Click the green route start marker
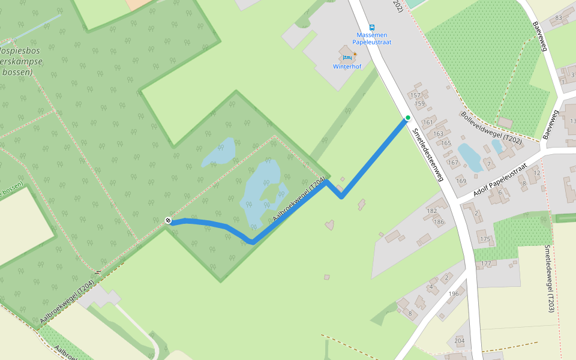click(x=407, y=118)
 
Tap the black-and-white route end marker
click(x=169, y=221)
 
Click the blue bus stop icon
click(x=372, y=27)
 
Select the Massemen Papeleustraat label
click(x=371, y=39)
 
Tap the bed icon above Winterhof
click(x=346, y=57)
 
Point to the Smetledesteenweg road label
click(x=428, y=151)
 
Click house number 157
click(x=415, y=95)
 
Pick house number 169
click(x=461, y=181)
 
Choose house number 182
click(x=432, y=211)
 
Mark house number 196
click(x=454, y=293)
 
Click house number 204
click(x=460, y=341)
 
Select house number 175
click(x=485, y=240)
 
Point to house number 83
click(x=559, y=17)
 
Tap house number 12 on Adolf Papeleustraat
click(x=537, y=173)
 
